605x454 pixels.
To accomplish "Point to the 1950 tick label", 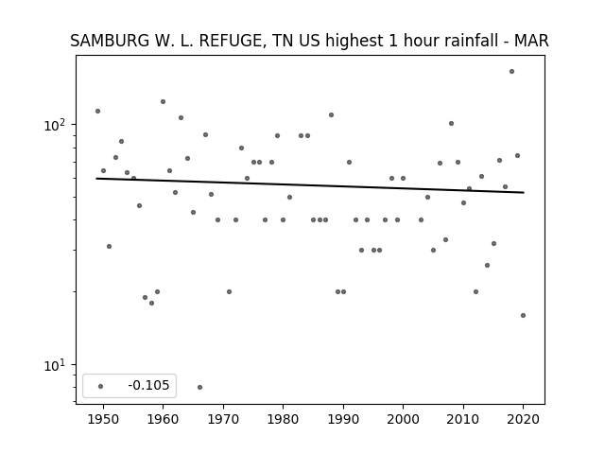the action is click(103, 419).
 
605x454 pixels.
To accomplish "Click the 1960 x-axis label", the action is click(163, 419).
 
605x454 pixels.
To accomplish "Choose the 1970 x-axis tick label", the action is click(223, 419).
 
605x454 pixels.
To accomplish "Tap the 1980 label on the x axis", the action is click(283, 419).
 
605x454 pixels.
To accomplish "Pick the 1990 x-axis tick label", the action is click(343, 419).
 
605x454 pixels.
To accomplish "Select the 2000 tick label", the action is click(403, 419).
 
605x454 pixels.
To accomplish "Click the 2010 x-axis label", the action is click(463, 419).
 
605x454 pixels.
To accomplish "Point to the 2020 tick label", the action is click(523, 419).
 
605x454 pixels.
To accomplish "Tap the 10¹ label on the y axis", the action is click(55, 364).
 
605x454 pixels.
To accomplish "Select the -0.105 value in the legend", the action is click(148, 385).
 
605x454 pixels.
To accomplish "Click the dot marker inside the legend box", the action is click(101, 386).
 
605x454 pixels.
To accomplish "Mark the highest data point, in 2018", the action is click(511, 72).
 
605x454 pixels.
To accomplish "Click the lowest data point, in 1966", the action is click(199, 387).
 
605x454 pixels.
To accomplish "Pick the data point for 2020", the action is click(523, 315).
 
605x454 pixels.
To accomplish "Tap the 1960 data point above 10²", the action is click(163, 102).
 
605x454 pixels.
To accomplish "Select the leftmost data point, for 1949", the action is click(97, 112).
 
